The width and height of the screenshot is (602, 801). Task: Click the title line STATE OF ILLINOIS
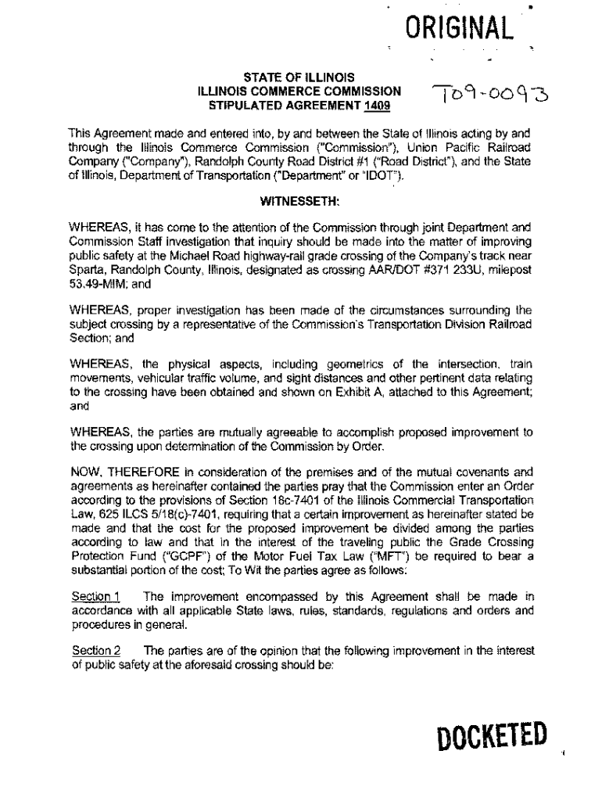coord(300,77)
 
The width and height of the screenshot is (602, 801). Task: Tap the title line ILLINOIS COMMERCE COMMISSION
coord(300,91)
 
